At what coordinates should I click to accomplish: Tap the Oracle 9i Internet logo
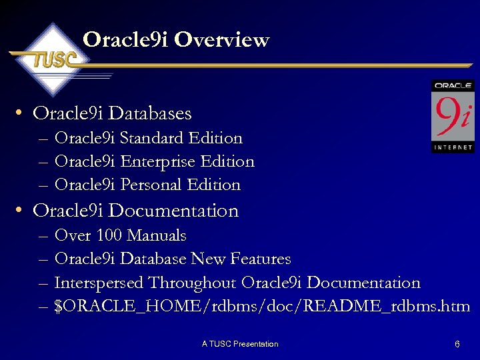tap(453, 116)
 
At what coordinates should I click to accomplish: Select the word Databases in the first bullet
tap(151, 113)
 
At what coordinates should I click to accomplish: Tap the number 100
tap(109, 235)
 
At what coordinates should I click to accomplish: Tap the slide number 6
tap(457, 345)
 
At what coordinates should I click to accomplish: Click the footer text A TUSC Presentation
tap(240, 344)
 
